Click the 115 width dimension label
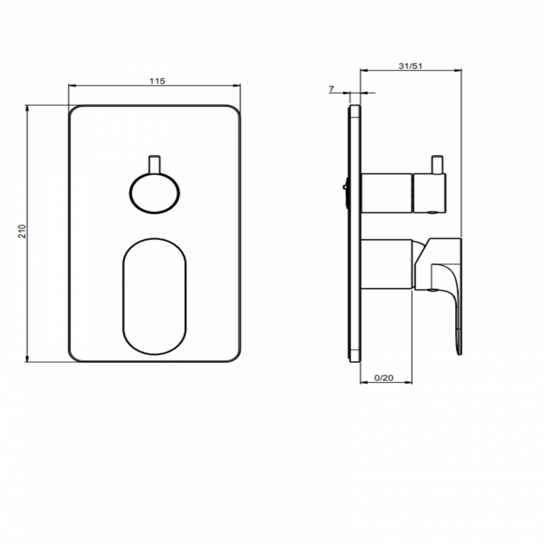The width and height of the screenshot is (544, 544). pos(157,81)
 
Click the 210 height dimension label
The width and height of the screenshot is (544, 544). pos(22,231)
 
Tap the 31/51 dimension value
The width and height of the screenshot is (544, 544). pos(411,66)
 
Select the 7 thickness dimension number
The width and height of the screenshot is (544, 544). pos(331,89)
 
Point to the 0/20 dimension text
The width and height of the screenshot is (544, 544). pos(384,378)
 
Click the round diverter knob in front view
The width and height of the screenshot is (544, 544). pos(154,194)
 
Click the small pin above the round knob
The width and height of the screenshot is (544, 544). pos(154,164)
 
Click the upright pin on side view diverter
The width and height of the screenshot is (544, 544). pos(438,165)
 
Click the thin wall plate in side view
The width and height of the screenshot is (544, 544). pos(354,233)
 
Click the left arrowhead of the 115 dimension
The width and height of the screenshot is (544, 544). pos(71,86)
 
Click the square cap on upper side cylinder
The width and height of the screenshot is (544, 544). pos(429,193)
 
